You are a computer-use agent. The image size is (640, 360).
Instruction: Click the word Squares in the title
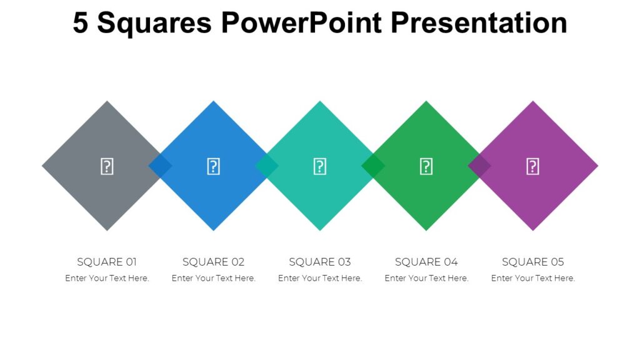pos(154,24)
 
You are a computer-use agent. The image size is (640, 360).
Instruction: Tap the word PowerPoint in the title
pos(301,24)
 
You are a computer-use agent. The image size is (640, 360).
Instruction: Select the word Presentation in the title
pos(479,24)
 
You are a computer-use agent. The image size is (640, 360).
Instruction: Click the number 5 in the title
pos(81,24)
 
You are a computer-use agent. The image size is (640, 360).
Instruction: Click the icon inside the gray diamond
pos(107,166)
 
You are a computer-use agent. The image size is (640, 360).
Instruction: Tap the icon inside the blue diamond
pos(213,166)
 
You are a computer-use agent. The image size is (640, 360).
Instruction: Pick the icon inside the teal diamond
pos(319,166)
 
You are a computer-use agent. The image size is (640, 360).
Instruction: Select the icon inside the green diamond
pos(426,166)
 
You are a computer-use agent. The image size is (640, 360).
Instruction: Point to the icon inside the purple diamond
pos(532,166)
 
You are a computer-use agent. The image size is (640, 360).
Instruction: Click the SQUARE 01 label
pos(107,262)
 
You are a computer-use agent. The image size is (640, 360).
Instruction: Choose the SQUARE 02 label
pos(213,262)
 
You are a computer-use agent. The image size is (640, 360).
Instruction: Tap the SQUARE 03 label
pos(319,262)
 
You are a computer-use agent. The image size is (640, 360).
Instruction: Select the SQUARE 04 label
pos(426,262)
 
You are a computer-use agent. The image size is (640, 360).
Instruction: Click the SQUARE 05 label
pos(532,262)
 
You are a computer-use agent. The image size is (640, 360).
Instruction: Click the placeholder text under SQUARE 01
pos(107,278)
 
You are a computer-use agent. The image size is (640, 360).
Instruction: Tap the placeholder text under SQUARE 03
pos(319,278)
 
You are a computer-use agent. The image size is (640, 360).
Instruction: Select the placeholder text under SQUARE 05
pos(532,278)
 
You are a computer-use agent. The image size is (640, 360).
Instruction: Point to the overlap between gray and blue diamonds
pos(160,166)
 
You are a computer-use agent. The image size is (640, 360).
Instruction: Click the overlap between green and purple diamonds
pos(479,166)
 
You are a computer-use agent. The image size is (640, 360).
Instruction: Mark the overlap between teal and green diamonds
pos(373,166)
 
